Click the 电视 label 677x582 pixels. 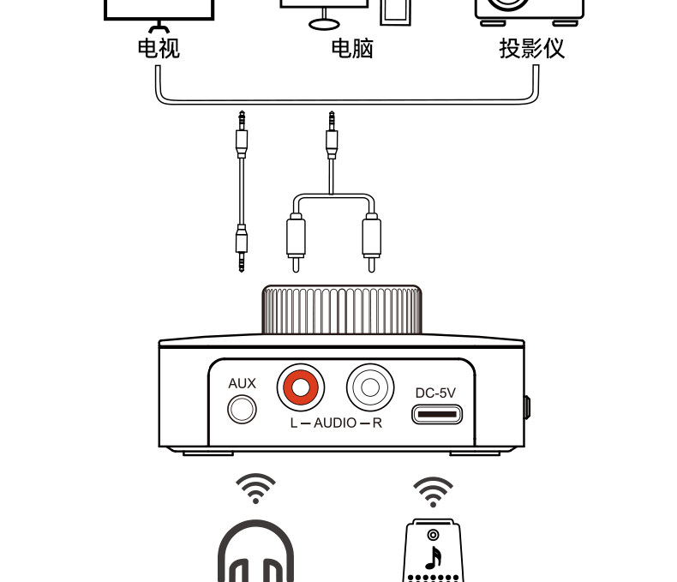pos(159,48)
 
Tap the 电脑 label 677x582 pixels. pos(352,48)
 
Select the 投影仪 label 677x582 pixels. pos(532,48)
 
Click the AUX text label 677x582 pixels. pos(242,383)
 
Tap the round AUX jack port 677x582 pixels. pos(242,409)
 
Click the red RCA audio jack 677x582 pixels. pos(300,388)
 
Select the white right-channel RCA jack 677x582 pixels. pos(370,388)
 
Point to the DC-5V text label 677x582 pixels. pos(435,393)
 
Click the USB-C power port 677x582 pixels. pos(436,416)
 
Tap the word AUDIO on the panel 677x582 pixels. pos(335,423)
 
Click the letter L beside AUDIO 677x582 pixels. pos(294,423)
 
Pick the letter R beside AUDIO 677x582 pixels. pos(377,423)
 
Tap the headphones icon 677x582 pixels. pos(255,553)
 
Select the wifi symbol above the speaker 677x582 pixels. pos(434,491)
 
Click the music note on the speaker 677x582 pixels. pos(434,557)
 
